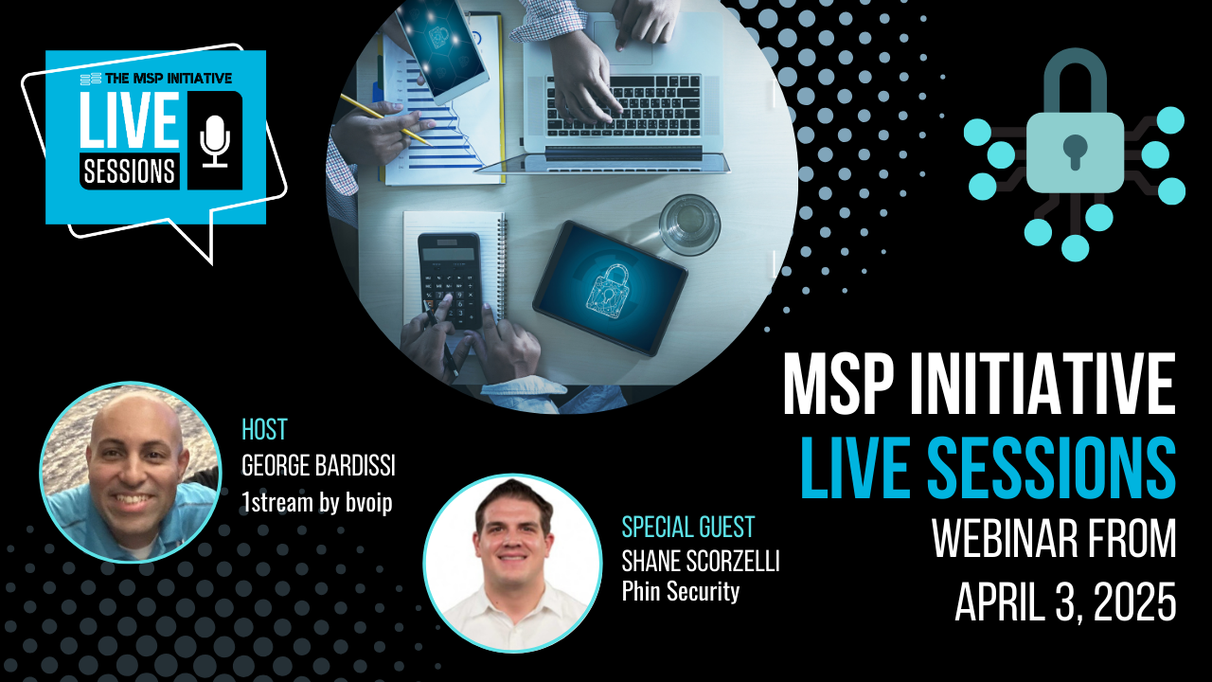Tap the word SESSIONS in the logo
[x=130, y=171]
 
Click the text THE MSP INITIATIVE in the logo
[x=169, y=79]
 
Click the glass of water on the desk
[x=689, y=224]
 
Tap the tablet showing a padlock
[x=611, y=288]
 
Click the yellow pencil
[x=385, y=120]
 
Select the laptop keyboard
[x=622, y=106]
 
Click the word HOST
[x=264, y=430]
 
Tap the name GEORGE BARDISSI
[x=318, y=466]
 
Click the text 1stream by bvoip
[x=317, y=503]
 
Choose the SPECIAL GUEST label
[x=687, y=528]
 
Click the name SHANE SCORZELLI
[x=701, y=562]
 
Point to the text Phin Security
[x=681, y=591]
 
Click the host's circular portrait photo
[x=131, y=473]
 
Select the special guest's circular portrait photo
[x=512, y=563]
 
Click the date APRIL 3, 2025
[x=1065, y=602]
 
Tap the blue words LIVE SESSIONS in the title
[x=988, y=467]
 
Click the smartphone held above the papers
[x=442, y=46]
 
